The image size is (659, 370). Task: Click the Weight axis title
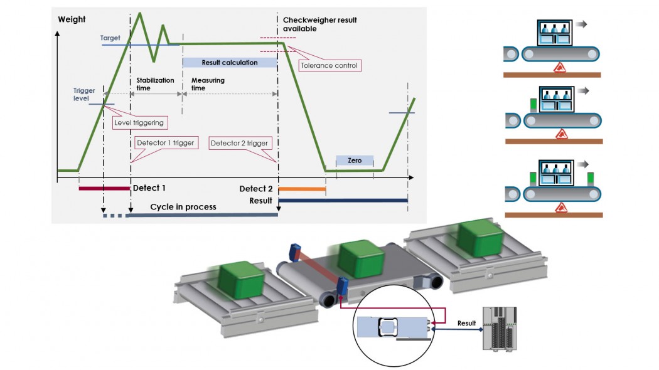(72, 19)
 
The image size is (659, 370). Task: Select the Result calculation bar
(230, 63)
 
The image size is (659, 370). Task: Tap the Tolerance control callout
(329, 65)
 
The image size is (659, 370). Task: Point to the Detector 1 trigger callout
(165, 143)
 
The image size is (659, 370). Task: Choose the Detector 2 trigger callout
(239, 143)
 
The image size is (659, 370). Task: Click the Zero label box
(355, 161)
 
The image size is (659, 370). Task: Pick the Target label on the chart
(110, 38)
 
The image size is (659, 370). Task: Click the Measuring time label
(207, 85)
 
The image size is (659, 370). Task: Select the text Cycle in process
(183, 207)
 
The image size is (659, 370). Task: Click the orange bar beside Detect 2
(302, 188)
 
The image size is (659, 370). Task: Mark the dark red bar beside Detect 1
(104, 188)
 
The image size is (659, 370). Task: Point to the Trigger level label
(83, 95)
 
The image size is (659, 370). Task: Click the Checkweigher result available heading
(319, 24)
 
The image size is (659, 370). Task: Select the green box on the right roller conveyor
(480, 239)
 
